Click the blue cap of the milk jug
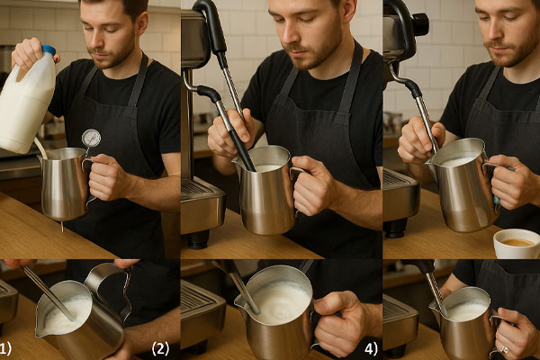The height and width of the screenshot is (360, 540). (x=49, y=51)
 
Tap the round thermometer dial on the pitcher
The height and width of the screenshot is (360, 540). (x=91, y=138)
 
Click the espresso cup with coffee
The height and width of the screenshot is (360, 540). (x=517, y=243)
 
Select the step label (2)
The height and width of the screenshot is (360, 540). (x=160, y=348)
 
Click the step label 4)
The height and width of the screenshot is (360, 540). (x=371, y=348)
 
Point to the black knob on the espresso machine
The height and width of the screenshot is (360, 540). (x=421, y=23)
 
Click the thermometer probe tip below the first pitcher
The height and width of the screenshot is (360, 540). (x=62, y=227)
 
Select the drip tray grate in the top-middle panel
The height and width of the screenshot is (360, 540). (x=196, y=188)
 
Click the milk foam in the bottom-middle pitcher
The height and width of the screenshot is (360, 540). (x=281, y=302)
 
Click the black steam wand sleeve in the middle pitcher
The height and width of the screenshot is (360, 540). (x=242, y=151)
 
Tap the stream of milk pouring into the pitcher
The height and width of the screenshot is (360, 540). (x=40, y=148)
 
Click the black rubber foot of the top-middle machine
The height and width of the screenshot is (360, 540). (x=198, y=239)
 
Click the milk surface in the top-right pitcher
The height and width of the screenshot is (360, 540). (x=458, y=162)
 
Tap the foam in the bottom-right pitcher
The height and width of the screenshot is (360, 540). (x=466, y=311)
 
